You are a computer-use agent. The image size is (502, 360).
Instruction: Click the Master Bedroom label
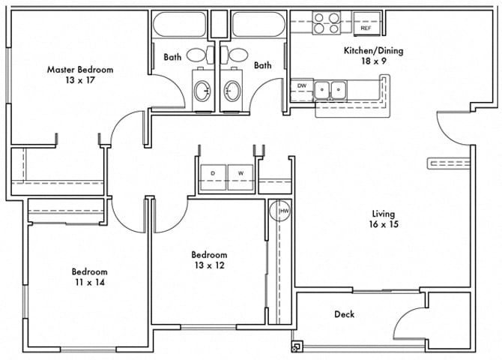click(80, 70)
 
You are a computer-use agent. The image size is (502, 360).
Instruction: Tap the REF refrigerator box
click(366, 22)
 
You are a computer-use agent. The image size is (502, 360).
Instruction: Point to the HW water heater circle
click(283, 212)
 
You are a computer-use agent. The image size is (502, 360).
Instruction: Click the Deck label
click(345, 314)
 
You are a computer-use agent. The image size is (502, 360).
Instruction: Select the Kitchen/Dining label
click(363, 51)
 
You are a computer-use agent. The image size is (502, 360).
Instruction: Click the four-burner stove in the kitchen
click(327, 22)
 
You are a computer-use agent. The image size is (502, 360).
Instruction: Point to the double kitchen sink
click(330, 90)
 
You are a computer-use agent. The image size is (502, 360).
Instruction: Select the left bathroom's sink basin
click(202, 91)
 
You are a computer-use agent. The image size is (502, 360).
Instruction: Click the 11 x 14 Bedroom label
click(89, 277)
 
